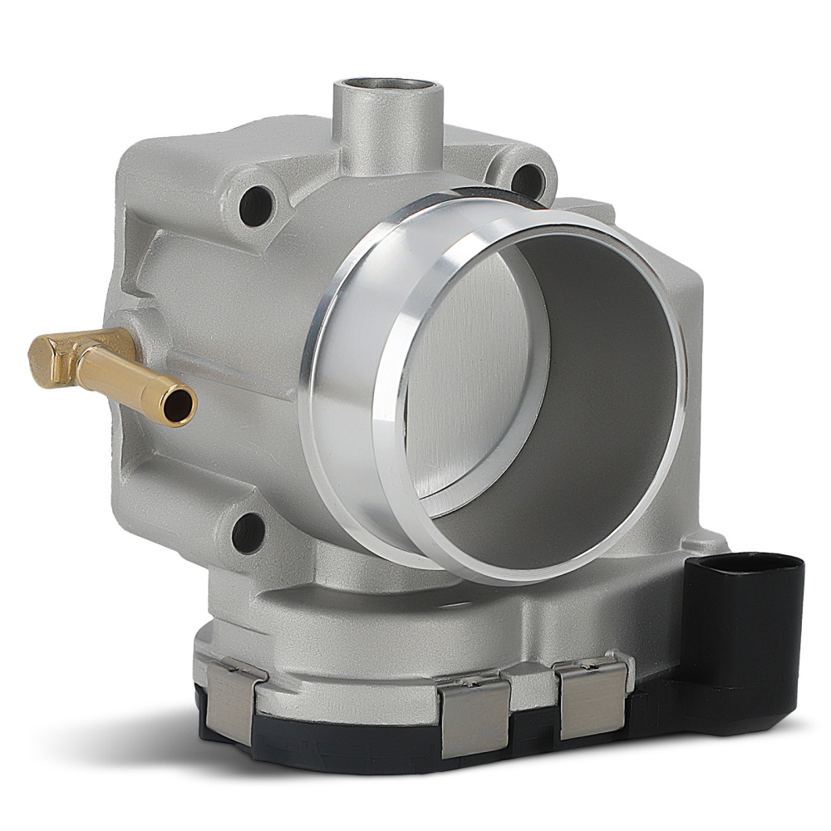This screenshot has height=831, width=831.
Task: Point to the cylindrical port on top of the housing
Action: [x=387, y=125]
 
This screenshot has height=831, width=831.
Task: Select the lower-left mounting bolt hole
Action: [x=248, y=533]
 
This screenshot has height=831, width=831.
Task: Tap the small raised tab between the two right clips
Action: [x=532, y=686]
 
